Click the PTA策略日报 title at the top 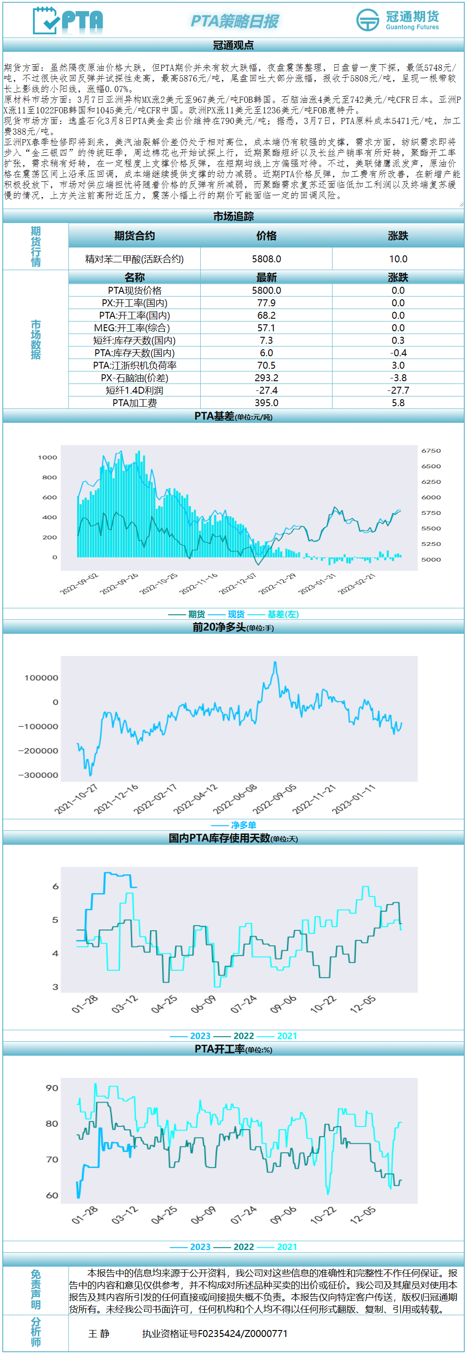[x=234, y=21]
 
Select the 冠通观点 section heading [x=234, y=45]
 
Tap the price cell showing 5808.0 [x=266, y=259]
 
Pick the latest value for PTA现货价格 [x=266, y=291]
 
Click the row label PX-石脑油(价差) [x=135, y=377]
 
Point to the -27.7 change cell [x=398, y=390]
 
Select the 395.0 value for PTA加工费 [x=266, y=403]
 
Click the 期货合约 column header [x=135, y=235]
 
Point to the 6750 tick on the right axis [x=431, y=451]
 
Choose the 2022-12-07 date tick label [x=238, y=584]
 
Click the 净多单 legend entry [x=243, y=825]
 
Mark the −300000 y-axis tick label [x=38, y=775]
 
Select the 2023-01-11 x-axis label [x=354, y=799]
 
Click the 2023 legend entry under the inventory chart [x=200, y=1036]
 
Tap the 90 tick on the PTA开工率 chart [x=52, y=1088]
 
